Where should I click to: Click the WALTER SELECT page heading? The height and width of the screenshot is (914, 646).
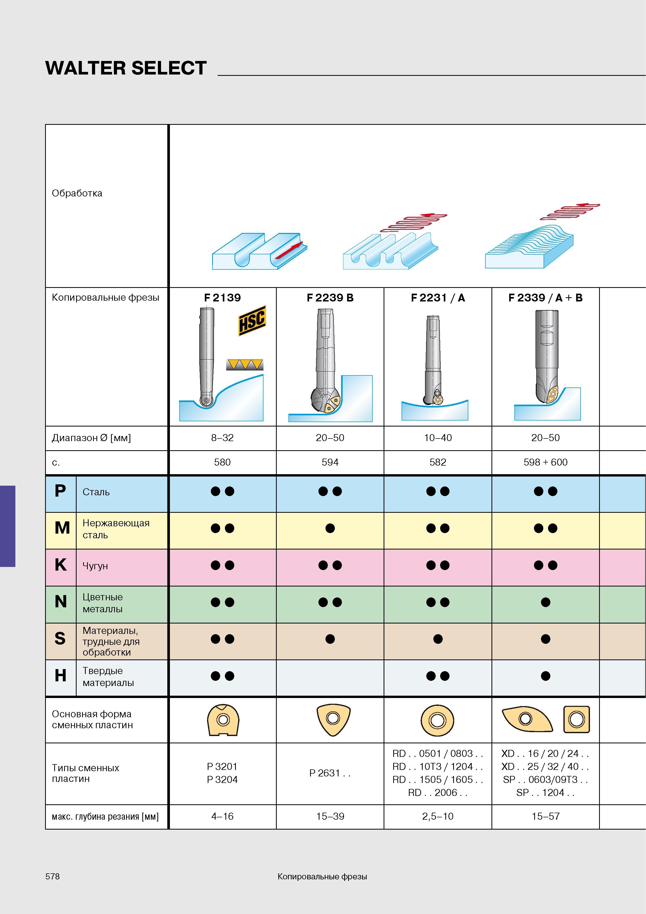tap(126, 68)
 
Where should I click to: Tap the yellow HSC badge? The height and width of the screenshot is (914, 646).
tap(252, 320)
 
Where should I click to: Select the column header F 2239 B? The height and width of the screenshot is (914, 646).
tap(330, 298)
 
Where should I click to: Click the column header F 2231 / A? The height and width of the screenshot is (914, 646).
tap(438, 298)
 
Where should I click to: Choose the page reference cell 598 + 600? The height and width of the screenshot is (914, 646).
tap(545, 462)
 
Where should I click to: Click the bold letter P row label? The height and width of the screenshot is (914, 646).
tap(60, 491)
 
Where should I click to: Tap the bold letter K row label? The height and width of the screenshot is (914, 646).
tap(60, 565)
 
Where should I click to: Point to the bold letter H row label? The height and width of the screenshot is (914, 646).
tap(60, 676)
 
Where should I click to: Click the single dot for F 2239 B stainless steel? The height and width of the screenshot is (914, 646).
tap(330, 528)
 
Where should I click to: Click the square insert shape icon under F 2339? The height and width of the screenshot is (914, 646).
tap(576, 719)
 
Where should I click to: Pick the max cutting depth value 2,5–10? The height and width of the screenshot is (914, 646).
tap(438, 817)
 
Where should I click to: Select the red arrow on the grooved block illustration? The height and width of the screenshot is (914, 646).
tap(289, 250)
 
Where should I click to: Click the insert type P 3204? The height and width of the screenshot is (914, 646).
tap(222, 780)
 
